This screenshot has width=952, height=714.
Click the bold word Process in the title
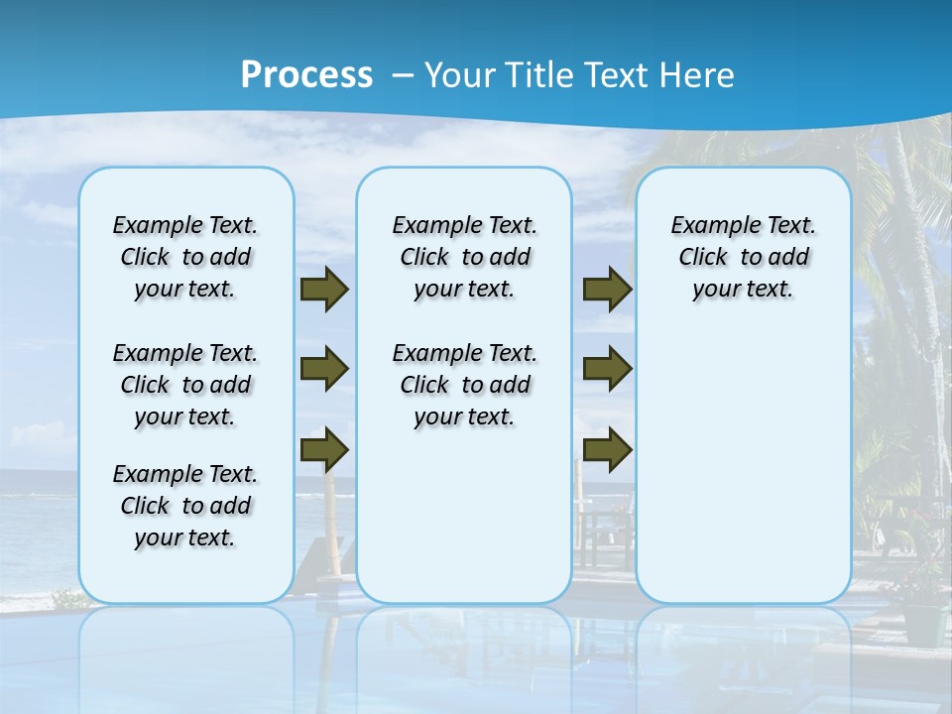pyautogui.click(x=306, y=74)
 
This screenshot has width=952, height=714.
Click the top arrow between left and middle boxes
pyautogui.click(x=324, y=289)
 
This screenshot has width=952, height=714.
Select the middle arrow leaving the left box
pyautogui.click(x=324, y=369)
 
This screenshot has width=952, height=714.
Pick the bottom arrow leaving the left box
pyautogui.click(x=324, y=450)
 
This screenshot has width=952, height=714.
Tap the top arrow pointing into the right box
pyautogui.click(x=607, y=289)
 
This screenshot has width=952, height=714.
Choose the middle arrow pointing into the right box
pyautogui.click(x=607, y=369)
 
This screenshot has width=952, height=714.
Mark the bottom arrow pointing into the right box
pyautogui.click(x=607, y=450)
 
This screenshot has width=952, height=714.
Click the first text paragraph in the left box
pyautogui.click(x=185, y=257)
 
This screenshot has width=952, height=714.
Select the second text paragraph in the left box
pyautogui.click(x=185, y=385)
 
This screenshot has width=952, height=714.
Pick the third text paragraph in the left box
pyautogui.click(x=185, y=506)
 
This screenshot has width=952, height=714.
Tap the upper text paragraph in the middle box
pyautogui.click(x=464, y=257)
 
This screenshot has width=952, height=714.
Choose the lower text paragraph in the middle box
pyautogui.click(x=464, y=385)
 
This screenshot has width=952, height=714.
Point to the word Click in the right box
pyautogui.click(x=703, y=257)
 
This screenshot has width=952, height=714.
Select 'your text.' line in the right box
pyautogui.click(x=743, y=290)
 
